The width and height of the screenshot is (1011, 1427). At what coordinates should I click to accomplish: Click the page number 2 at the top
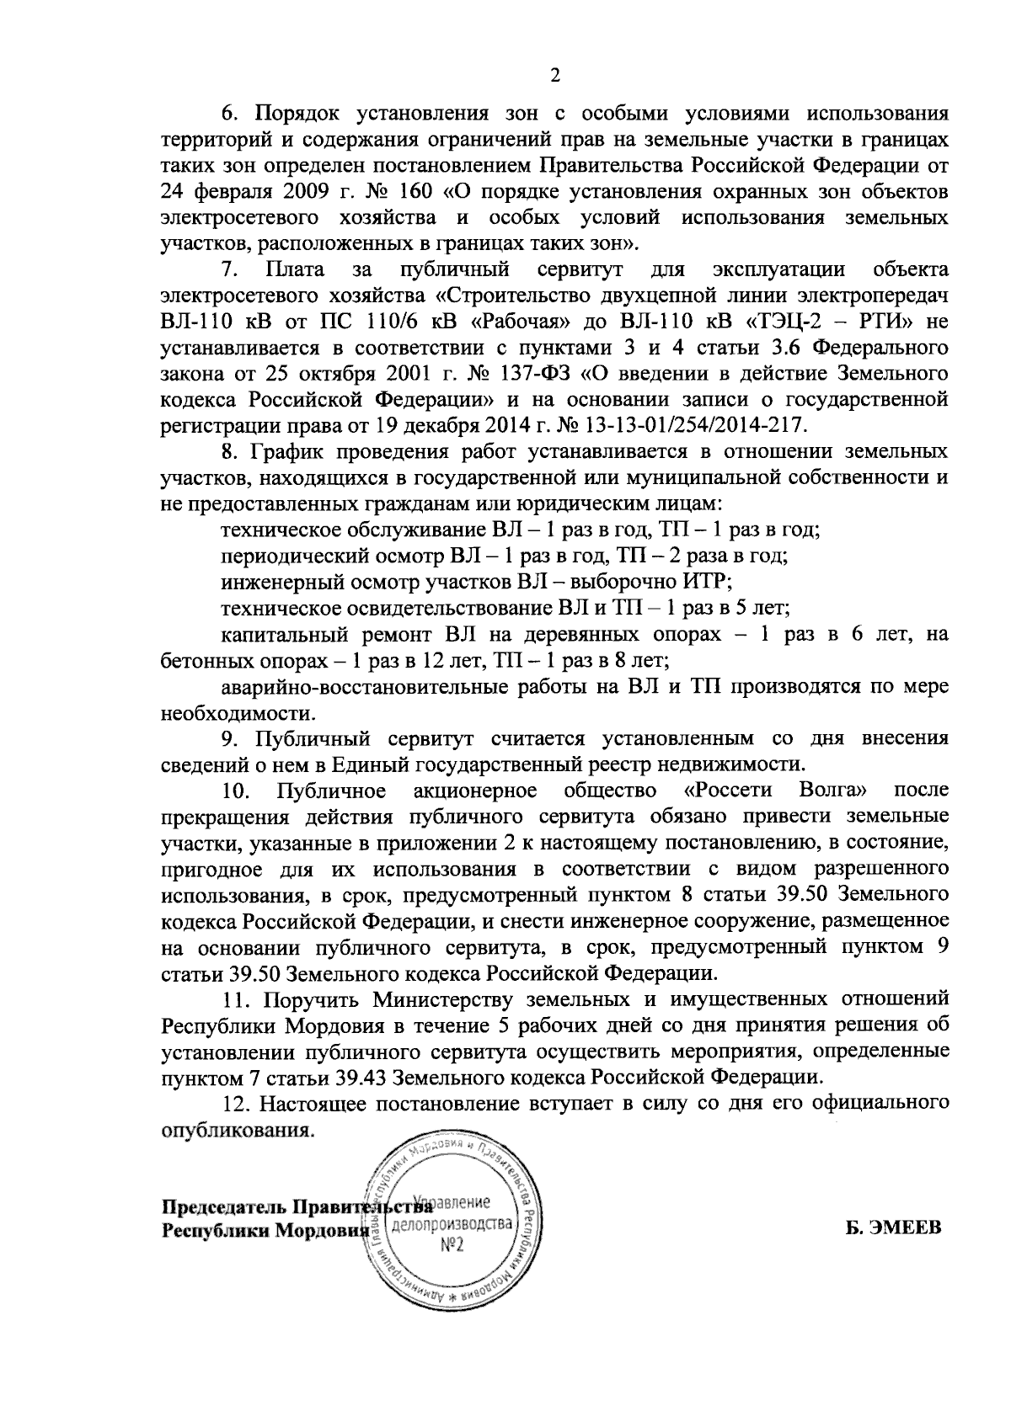(554, 76)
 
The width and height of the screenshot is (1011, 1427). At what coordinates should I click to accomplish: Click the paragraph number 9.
(229, 738)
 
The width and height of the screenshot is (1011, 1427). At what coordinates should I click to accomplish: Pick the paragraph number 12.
(234, 1103)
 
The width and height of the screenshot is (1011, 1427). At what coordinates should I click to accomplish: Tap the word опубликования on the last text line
(232, 1129)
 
